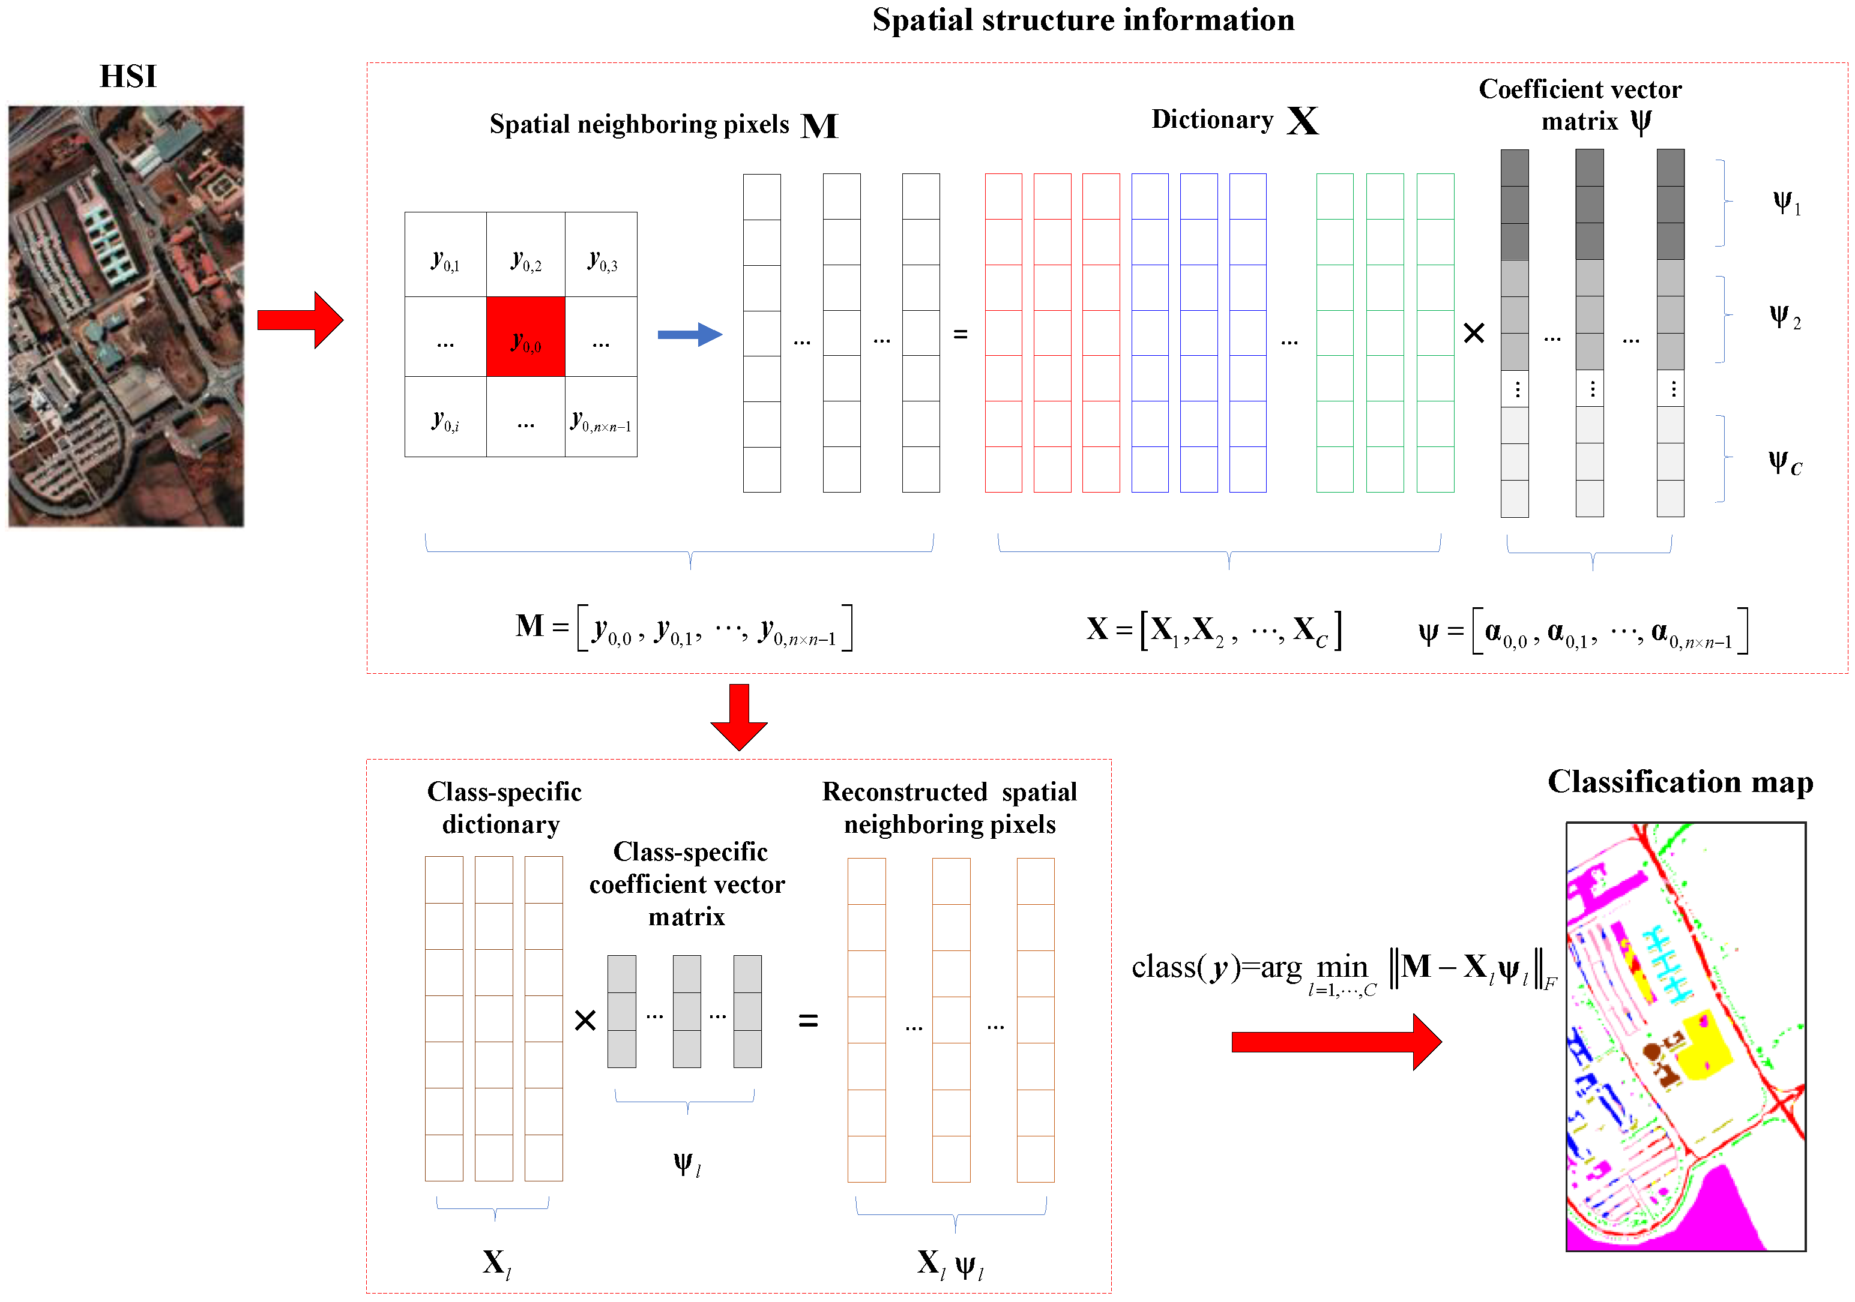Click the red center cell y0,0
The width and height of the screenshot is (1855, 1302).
click(525, 337)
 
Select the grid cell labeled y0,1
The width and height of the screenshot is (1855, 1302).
click(445, 255)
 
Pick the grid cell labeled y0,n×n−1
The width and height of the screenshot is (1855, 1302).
click(601, 418)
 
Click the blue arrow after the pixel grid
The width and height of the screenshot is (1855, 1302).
click(689, 334)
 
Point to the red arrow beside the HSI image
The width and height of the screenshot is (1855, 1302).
click(300, 320)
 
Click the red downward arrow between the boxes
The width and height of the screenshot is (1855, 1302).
click(738, 716)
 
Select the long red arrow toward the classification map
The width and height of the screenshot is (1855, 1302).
click(1336, 1042)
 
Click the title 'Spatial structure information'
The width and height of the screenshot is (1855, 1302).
click(1082, 20)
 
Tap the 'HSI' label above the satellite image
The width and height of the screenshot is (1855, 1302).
click(128, 77)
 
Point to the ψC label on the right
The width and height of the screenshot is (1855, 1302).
click(1785, 464)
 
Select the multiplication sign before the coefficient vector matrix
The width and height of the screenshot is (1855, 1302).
click(1474, 333)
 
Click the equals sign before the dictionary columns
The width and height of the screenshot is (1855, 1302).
click(961, 334)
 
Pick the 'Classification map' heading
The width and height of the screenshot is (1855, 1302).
click(1680, 782)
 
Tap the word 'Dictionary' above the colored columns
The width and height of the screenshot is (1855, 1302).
click(1212, 119)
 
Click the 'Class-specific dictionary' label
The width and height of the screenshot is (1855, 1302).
click(503, 808)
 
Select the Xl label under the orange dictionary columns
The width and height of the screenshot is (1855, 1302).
click(496, 1262)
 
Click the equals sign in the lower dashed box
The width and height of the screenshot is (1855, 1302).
click(808, 1021)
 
